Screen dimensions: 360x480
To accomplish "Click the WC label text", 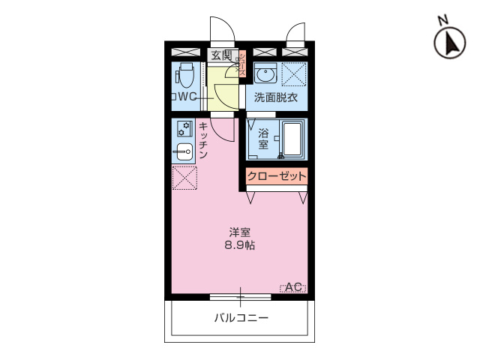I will [185, 97].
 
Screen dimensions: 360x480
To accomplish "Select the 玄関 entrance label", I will [220, 55].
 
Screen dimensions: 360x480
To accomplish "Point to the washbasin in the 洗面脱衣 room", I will [264, 75].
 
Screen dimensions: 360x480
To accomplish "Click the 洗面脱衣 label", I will [275, 97].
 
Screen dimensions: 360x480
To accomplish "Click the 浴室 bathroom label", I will [263, 139].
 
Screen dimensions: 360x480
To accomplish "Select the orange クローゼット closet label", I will [277, 177].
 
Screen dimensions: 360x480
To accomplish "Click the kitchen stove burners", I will [184, 129].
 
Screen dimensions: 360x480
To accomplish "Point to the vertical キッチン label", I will [203, 140].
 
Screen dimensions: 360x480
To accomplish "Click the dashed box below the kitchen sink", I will [184, 178].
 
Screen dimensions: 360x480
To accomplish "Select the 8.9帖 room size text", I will [241, 245].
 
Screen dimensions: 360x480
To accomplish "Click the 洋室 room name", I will [240, 232].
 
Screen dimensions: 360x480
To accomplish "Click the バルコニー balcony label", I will [241, 318].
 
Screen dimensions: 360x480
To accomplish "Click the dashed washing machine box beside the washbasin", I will [293, 75].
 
